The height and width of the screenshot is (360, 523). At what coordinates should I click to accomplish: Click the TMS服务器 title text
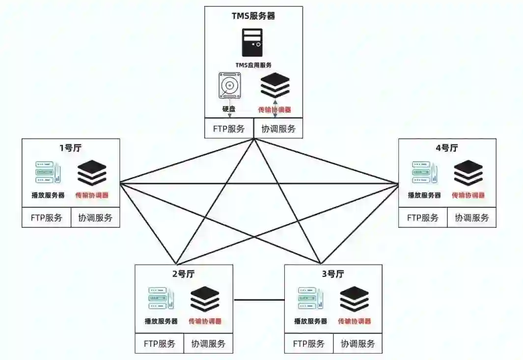[x=253, y=16]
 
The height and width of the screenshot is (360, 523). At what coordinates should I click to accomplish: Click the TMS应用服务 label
[x=253, y=64]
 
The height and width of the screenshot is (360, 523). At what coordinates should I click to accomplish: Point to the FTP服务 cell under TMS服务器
[x=229, y=129]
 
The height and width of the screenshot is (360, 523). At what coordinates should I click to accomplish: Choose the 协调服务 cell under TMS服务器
[x=278, y=129]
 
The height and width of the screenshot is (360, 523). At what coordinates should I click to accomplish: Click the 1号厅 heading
[x=70, y=148]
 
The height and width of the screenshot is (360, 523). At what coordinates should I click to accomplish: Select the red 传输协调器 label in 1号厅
[x=92, y=195]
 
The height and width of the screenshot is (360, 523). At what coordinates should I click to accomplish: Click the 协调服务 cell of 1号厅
[x=95, y=218]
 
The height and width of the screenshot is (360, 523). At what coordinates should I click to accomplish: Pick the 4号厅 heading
[x=446, y=148]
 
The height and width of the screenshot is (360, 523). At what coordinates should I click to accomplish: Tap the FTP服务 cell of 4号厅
[x=423, y=218]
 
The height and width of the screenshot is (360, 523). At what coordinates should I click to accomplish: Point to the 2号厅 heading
[x=183, y=274]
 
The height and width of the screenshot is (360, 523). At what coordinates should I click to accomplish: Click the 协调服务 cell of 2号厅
[x=208, y=344]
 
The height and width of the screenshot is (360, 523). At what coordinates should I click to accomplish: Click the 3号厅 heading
[x=332, y=274]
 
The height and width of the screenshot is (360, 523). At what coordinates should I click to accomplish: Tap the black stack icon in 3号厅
[x=355, y=299]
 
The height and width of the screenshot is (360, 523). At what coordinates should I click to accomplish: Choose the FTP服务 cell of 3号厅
[x=309, y=344]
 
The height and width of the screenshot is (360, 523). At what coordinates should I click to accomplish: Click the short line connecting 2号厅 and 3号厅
[x=259, y=300]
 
